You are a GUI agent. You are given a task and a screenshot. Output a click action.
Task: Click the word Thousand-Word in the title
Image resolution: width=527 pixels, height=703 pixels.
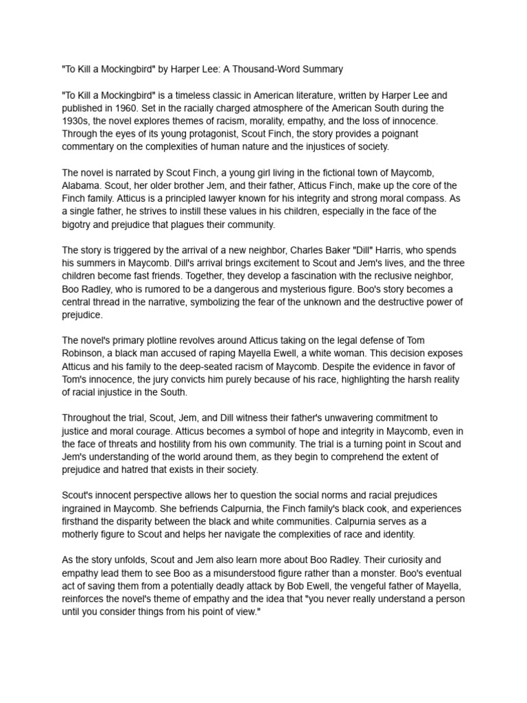pos(261,69)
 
